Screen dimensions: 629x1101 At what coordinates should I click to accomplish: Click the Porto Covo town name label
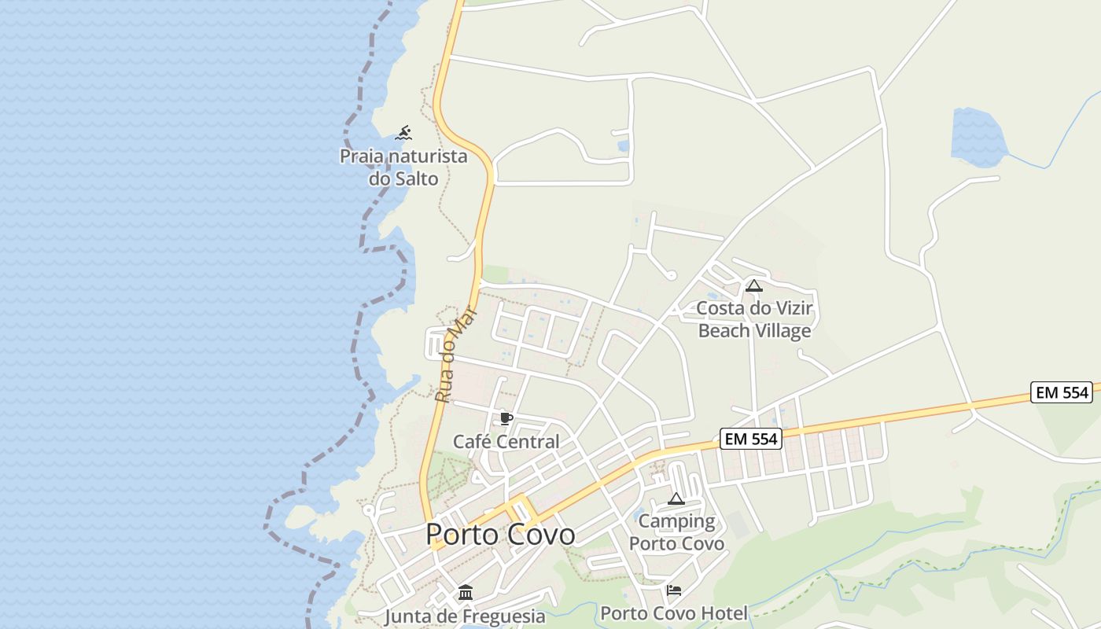(500, 535)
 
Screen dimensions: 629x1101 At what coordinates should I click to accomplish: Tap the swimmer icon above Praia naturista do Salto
(403, 133)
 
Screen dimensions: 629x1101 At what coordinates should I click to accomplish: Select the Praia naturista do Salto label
(403, 167)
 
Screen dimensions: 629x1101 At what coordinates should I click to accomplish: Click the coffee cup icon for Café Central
(506, 418)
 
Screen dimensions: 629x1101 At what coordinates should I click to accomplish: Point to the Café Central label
(506, 442)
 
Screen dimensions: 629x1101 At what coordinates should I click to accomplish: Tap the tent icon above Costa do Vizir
(754, 285)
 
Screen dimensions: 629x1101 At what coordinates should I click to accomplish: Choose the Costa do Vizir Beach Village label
(754, 319)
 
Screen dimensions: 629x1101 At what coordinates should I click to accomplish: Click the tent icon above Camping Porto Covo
(676, 498)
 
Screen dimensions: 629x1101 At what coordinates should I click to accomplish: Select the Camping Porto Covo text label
(676, 532)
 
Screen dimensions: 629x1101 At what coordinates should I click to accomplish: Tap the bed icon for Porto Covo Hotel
(674, 590)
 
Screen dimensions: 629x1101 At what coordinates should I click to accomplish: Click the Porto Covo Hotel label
(674, 613)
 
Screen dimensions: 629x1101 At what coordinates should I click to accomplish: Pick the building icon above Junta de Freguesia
(466, 592)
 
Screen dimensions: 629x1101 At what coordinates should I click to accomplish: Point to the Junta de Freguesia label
(465, 616)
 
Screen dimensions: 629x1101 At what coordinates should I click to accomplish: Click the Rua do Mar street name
(457, 355)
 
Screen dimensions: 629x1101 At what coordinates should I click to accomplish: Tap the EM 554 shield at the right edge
(1062, 392)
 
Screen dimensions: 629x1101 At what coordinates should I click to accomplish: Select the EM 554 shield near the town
(751, 440)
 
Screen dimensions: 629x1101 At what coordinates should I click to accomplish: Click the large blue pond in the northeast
(977, 138)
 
